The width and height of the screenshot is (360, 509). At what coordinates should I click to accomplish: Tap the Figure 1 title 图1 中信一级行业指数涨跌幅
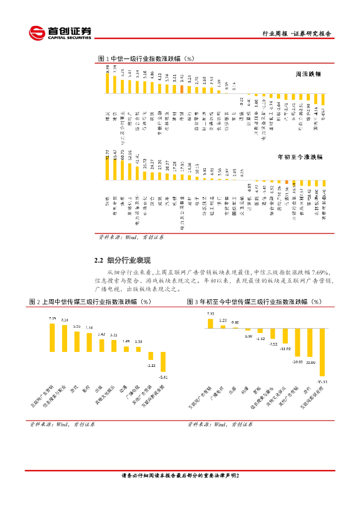click(x=146, y=59)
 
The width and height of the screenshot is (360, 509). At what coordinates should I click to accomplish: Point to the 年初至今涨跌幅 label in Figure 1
click(x=299, y=157)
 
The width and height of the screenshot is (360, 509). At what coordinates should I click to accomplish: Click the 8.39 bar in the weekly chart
click(x=107, y=83)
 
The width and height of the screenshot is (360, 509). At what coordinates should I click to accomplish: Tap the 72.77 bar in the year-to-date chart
click(x=107, y=169)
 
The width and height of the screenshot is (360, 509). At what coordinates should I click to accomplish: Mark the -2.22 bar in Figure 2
click(x=151, y=356)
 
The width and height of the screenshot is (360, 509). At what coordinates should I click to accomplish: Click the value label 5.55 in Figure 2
click(x=77, y=326)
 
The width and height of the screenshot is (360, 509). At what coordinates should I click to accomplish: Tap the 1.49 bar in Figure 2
click(x=126, y=349)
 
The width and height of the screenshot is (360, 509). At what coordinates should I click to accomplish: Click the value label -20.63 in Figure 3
click(x=297, y=361)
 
